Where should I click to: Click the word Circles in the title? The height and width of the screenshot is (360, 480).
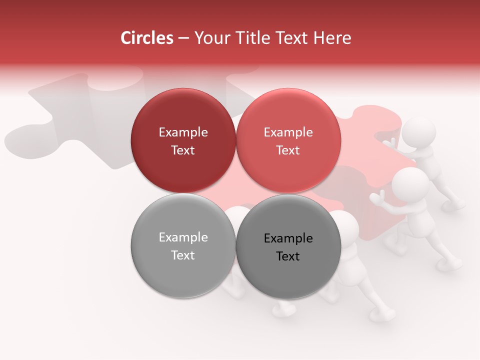point(147,38)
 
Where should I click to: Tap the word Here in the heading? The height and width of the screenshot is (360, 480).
point(332,38)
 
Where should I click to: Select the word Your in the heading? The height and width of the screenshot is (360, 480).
point(210,38)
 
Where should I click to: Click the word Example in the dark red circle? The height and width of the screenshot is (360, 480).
point(183,132)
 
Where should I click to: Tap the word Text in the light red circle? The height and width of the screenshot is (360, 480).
point(288,150)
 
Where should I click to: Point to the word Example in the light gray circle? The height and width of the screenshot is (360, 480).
point(183,237)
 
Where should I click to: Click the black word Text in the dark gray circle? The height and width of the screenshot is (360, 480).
point(288,256)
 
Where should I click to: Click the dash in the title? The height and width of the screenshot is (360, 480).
point(183,38)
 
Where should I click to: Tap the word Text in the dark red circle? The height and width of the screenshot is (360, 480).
point(183,150)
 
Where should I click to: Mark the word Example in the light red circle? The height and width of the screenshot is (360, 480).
point(288,132)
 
